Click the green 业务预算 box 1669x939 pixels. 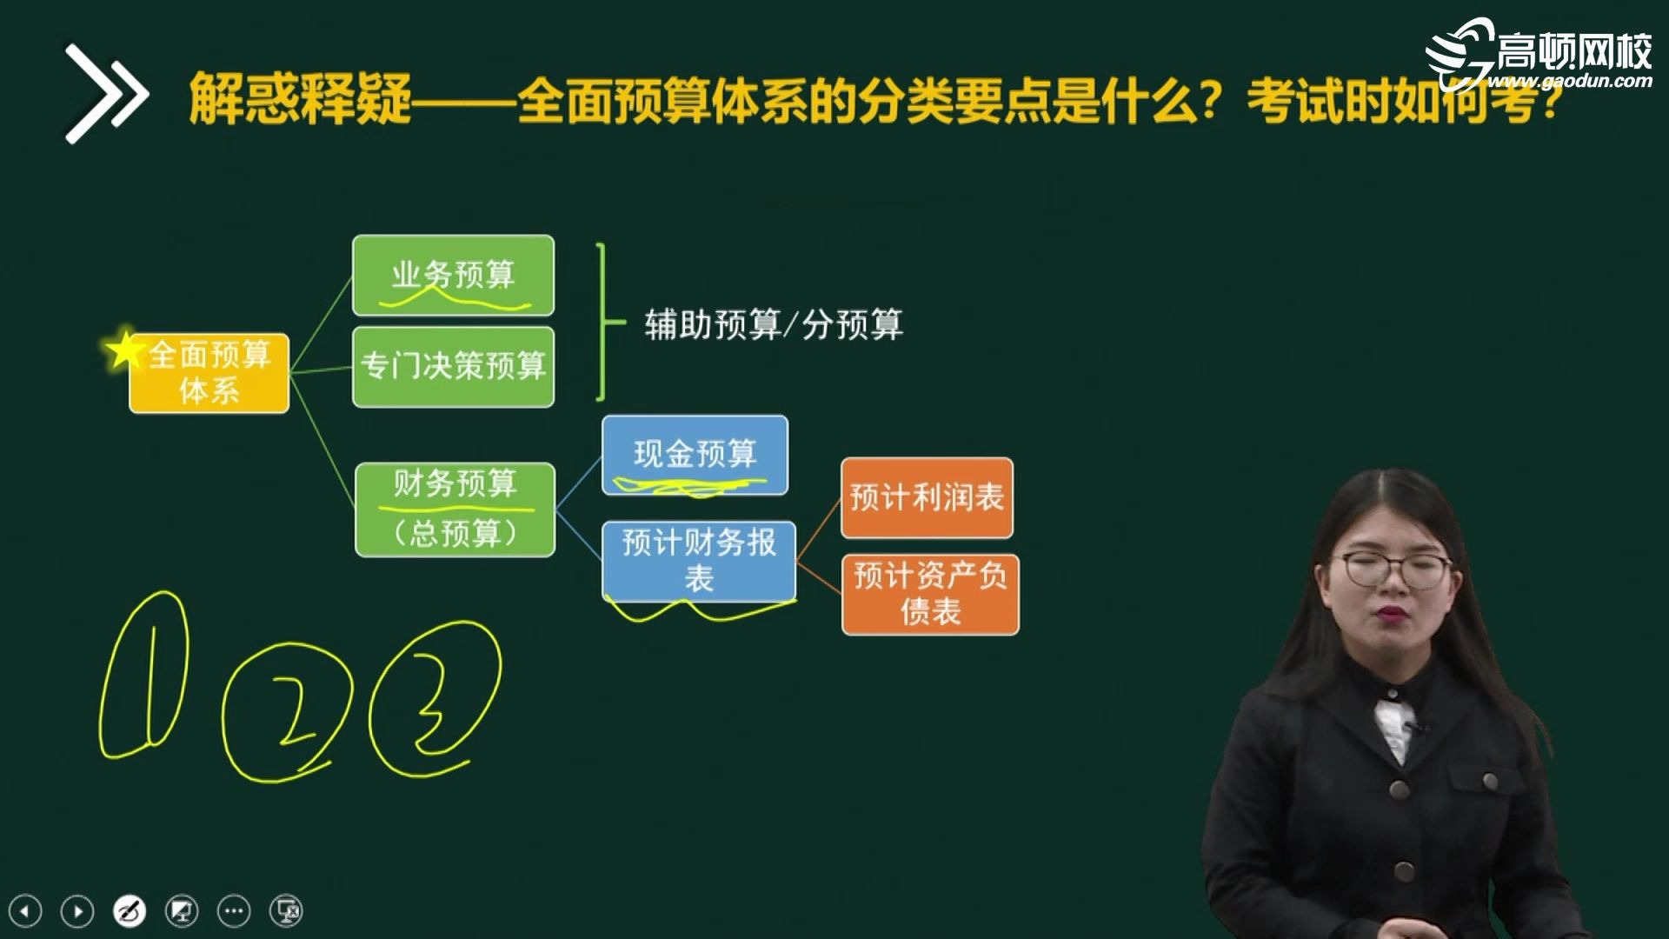(453, 275)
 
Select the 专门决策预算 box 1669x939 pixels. (453, 366)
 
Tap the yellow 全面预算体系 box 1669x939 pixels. (209, 373)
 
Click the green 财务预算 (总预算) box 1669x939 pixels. (455, 509)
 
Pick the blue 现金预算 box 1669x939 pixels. (695, 455)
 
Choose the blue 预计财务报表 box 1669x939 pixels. (699, 560)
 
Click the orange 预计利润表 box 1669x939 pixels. (927, 497)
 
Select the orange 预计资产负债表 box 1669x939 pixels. (930, 594)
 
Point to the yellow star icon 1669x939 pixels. (124, 350)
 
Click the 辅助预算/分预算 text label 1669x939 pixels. (774, 325)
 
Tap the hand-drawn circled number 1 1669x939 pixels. (144, 676)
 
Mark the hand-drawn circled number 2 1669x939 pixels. (287, 711)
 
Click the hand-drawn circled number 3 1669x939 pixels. (435, 699)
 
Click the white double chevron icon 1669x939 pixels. (106, 93)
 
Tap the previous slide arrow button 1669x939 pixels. (25, 911)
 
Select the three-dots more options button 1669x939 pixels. (234, 911)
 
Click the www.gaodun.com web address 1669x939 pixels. (1570, 82)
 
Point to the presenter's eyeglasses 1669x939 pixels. (1396, 569)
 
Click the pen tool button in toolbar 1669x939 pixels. (130, 911)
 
